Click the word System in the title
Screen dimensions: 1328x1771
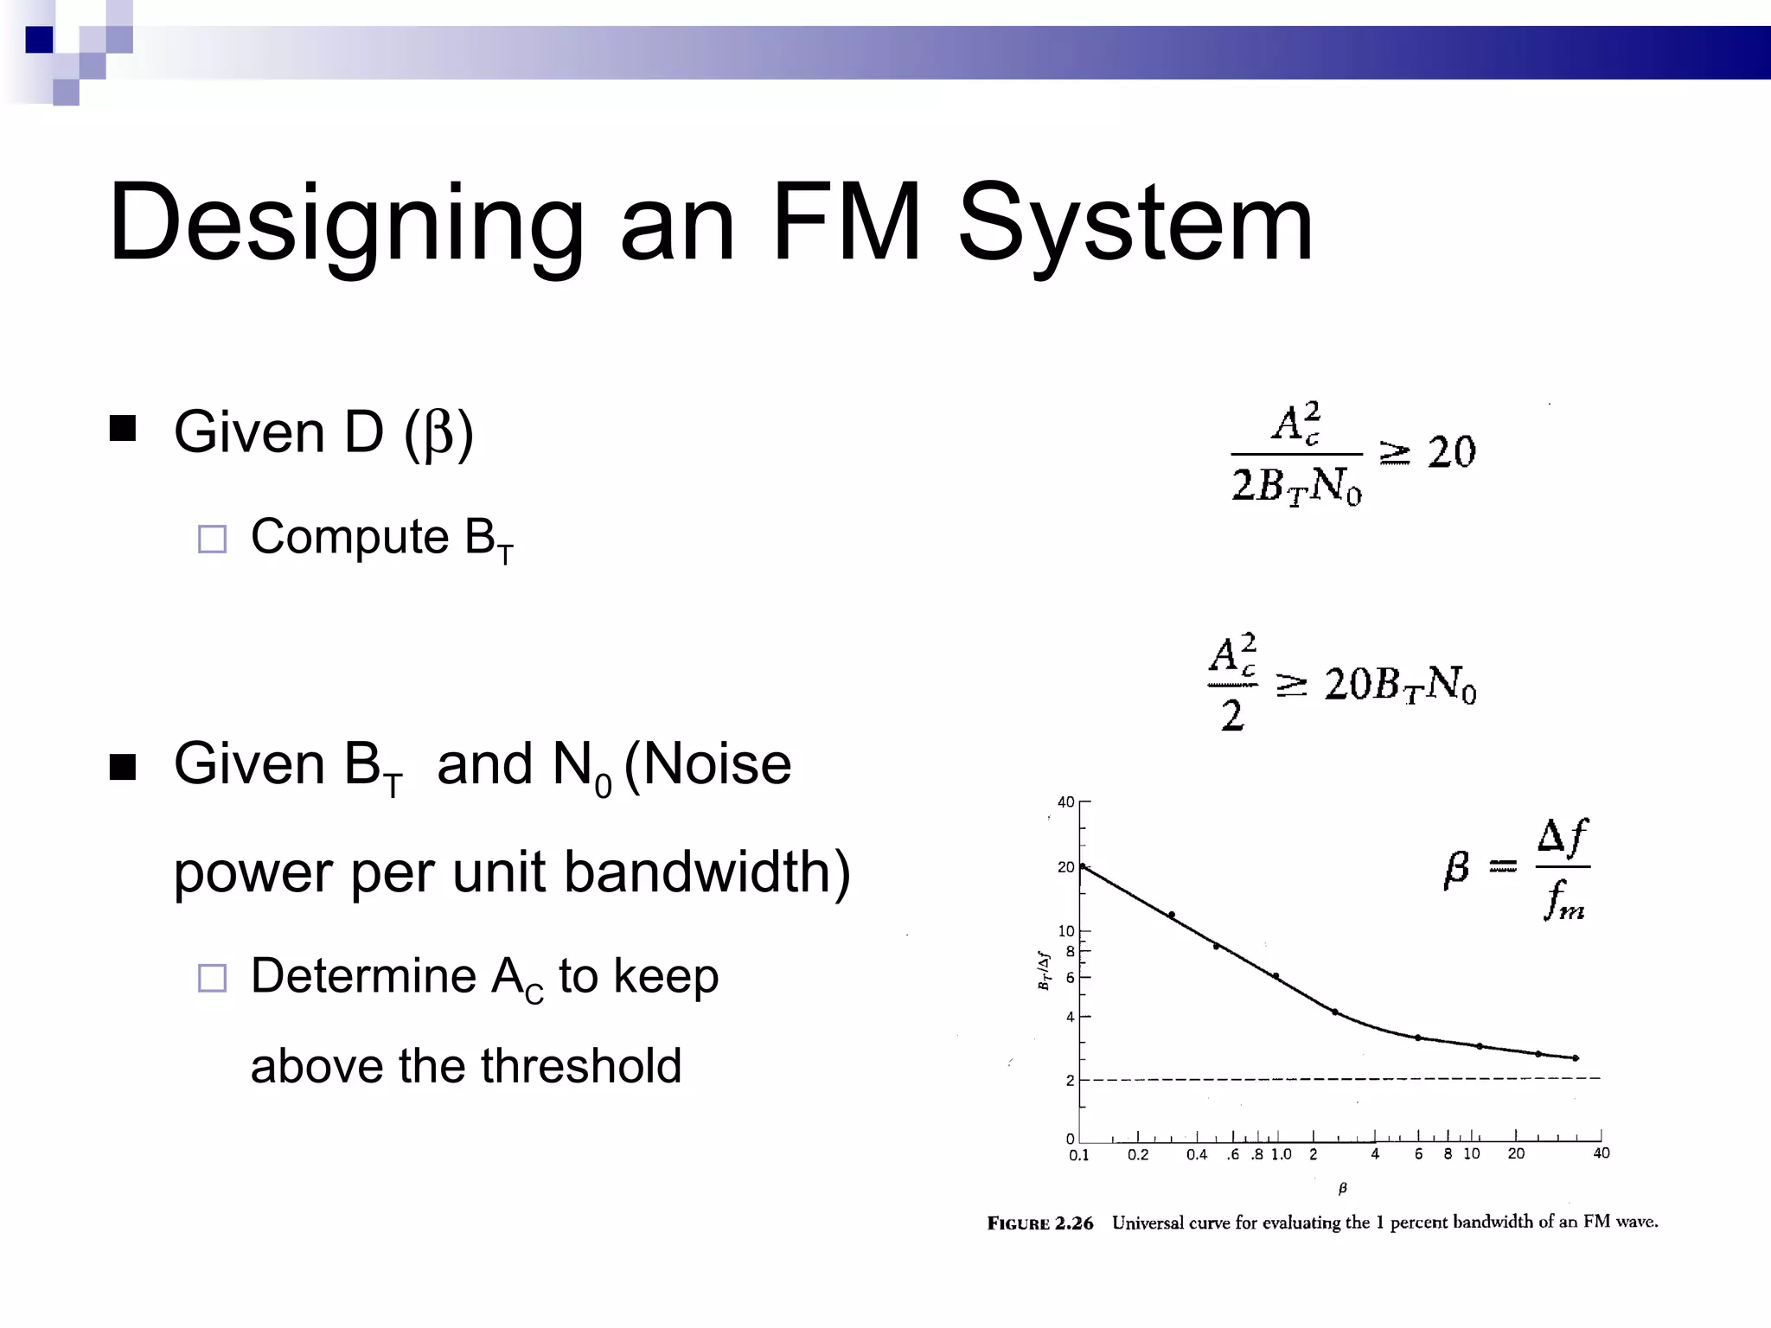pyautogui.click(x=1135, y=223)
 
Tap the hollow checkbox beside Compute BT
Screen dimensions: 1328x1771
pyautogui.click(x=212, y=539)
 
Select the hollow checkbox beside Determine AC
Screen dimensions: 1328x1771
pyautogui.click(x=212, y=978)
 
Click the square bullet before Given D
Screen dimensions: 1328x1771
pyautogui.click(x=123, y=429)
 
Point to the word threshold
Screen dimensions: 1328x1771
pyautogui.click(x=581, y=1065)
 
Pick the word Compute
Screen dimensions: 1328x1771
pyautogui.click(x=349, y=537)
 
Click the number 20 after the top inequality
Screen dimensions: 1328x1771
pyautogui.click(x=1451, y=452)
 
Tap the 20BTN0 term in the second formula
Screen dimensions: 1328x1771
pyautogui.click(x=1400, y=685)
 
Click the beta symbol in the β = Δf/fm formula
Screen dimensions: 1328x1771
pyautogui.click(x=1456, y=867)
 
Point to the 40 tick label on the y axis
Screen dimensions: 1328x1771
pyautogui.click(x=1065, y=802)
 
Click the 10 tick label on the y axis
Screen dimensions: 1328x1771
pyautogui.click(x=1065, y=931)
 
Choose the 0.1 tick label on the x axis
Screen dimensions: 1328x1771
pyautogui.click(x=1078, y=1155)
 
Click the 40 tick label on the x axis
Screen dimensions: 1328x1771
pyautogui.click(x=1601, y=1153)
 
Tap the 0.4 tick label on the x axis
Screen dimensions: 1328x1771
pyautogui.click(x=1196, y=1155)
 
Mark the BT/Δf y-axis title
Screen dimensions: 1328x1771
pyautogui.click(x=1044, y=971)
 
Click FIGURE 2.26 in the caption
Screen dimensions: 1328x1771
pyautogui.click(x=1039, y=1223)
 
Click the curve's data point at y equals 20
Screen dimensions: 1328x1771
pyautogui.click(x=1083, y=866)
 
